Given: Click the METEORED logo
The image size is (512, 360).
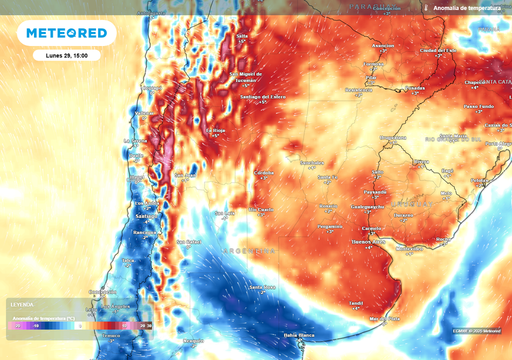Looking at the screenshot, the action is click(x=66, y=33).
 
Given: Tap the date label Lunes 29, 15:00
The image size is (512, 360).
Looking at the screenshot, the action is click(x=66, y=55).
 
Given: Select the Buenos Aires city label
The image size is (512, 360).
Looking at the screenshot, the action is click(x=368, y=242).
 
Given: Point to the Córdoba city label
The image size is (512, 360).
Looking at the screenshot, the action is click(x=263, y=173).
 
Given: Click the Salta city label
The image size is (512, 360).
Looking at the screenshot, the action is click(x=242, y=36).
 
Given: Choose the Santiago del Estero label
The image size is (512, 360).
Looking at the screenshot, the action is click(x=262, y=96).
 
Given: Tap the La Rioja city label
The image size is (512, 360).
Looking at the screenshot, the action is click(x=215, y=130).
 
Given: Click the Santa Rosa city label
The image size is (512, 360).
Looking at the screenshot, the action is click(x=262, y=287).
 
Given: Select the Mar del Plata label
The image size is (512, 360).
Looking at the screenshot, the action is click(x=384, y=318).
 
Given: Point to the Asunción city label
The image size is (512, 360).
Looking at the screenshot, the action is click(x=383, y=45).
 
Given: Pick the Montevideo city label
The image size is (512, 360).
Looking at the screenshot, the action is click(x=409, y=248).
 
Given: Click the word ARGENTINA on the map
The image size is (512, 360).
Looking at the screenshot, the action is click(x=249, y=250).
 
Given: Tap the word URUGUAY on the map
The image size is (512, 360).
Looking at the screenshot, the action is click(x=412, y=204).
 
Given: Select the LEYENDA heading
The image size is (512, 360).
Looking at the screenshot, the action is click(x=22, y=304).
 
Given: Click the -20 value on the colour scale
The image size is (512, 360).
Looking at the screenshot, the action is click(x=17, y=326).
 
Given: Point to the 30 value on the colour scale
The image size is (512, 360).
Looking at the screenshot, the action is click(x=149, y=326).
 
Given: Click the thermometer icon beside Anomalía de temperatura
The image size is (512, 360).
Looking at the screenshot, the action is click(x=426, y=8).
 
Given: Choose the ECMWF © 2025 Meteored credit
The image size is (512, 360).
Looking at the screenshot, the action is click(x=476, y=331).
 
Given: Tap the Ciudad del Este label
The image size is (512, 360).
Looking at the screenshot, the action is click(x=438, y=50).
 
